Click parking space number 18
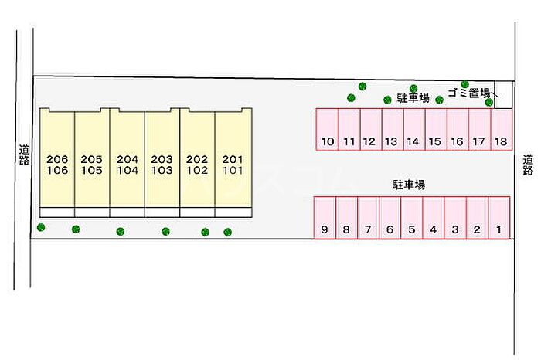(502, 130)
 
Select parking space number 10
(328, 130)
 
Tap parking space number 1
(499, 219)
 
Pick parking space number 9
(325, 219)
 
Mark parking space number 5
(412, 219)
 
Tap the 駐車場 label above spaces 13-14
(413, 98)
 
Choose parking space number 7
(369, 219)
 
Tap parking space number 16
(458, 130)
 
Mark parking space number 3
(456, 219)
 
